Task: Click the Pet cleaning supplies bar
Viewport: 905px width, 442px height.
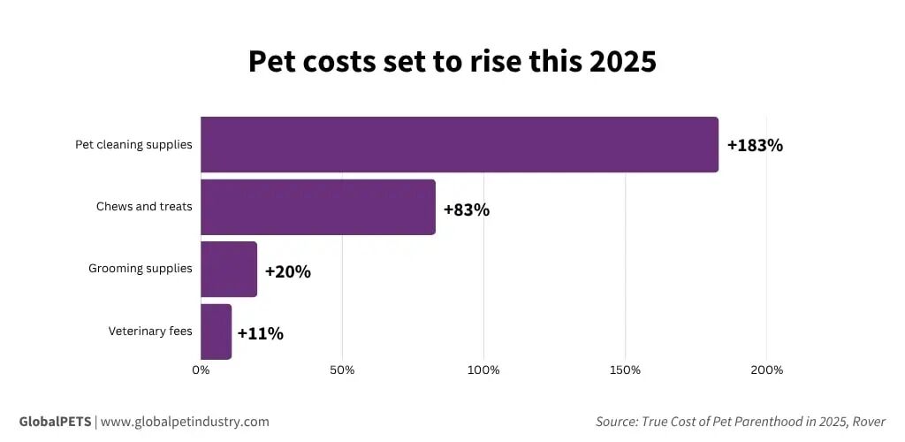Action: [x=459, y=145]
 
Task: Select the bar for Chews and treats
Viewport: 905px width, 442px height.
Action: [x=318, y=207]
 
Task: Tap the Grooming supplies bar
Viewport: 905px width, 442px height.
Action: [x=229, y=269]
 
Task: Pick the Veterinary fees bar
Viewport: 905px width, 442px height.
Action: [x=216, y=331]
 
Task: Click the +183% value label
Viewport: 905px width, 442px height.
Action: [x=755, y=146]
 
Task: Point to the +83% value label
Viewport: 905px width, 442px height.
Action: [x=466, y=210]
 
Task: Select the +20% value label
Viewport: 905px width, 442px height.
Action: [x=287, y=272]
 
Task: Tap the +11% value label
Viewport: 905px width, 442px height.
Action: [x=260, y=334]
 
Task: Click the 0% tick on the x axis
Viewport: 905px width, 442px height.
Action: [x=201, y=370]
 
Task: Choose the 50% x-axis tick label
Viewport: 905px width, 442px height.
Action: [x=342, y=370]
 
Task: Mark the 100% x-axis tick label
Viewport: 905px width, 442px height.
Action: [x=483, y=370]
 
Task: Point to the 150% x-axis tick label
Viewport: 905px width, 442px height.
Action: [x=625, y=370]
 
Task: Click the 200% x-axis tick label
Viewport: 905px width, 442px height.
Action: [x=766, y=370]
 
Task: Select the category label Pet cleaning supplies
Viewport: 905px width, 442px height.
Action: [x=133, y=144]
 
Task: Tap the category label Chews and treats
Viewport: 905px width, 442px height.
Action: [x=144, y=207]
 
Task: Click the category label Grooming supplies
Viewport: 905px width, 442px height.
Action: [x=140, y=269]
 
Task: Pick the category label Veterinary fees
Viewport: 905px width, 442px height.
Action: [x=150, y=331]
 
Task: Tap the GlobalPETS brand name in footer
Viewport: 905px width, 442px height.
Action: [x=55, y=422]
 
